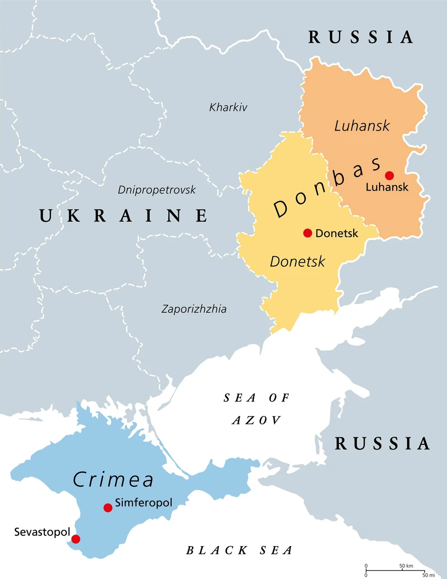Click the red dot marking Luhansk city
(389, 175)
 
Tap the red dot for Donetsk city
(308, 233)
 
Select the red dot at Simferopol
(108, 508)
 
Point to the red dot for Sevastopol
(76, 539)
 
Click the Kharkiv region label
(228, 107)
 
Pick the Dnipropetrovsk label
(157, 190)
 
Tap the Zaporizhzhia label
(194, 309)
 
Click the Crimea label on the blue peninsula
(114, 480)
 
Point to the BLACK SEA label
(239, 550)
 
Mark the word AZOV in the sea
(257, 420)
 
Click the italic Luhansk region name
(362, 126)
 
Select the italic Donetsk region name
(298, 261)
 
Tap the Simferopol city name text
(143, 502)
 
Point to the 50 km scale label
(406, 566)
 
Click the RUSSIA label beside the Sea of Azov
(383, 444)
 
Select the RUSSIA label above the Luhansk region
(361, 38)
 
